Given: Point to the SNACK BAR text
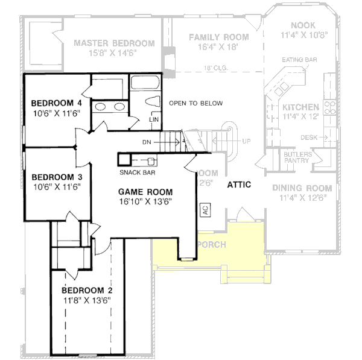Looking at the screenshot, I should point(139,172).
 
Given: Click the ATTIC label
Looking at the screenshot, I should point(239,185).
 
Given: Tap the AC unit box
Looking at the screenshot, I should point(206,210).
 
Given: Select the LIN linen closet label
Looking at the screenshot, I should point(154,119).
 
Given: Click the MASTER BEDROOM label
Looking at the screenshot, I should point(114,43).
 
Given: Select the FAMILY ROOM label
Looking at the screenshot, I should point(218,37).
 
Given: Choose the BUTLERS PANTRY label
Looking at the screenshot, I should point(297,157).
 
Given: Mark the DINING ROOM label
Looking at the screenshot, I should point(302,188).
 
